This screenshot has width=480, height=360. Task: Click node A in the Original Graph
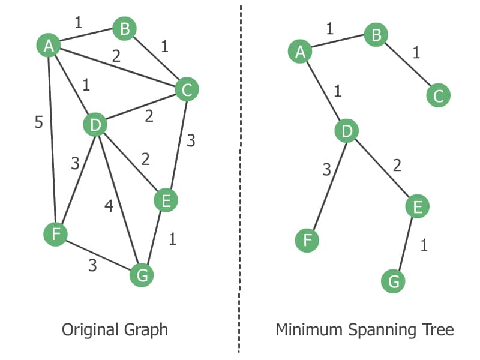[49, 45]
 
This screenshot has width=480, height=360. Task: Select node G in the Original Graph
[142, 275]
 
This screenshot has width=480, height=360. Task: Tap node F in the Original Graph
[56, 233]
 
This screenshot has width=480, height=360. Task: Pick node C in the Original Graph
[187, 90]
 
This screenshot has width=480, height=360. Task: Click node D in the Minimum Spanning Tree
[347, 131]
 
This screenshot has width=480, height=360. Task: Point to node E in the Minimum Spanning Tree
[417, 206]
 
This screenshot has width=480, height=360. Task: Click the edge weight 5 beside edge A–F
[38, 123]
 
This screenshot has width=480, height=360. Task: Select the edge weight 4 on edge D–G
[109, 206]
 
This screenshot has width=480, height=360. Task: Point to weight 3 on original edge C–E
[191, 141]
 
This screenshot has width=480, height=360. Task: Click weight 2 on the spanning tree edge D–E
[397, 166]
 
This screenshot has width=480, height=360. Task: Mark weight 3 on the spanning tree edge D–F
[326, 170]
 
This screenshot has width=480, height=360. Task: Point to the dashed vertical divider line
[240, 180]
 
